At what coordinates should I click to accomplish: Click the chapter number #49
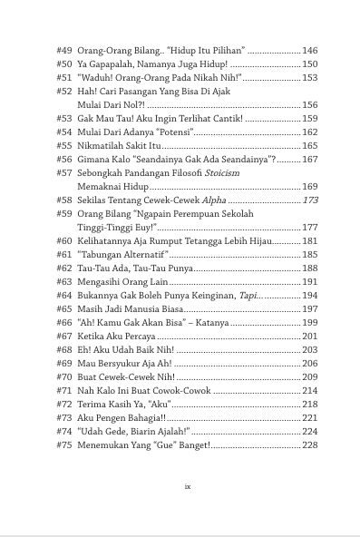pyautogui.click(x=64, y=51)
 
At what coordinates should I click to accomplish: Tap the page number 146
pyautogui.click(x=310, y=51)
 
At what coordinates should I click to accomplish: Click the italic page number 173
pyautogui.click(x=310, y=200)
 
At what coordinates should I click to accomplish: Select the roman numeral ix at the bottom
pyautogui.click(x=187, y=486)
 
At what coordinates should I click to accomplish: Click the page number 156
pyautogui.click(x=310, y=105)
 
